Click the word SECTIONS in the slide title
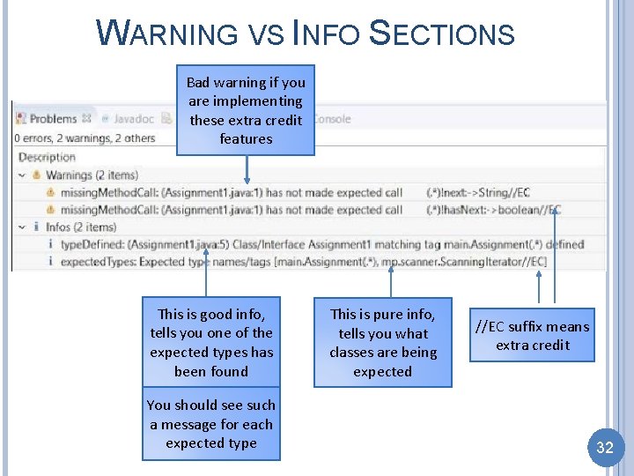[x=441, y=33]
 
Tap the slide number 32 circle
[x=605, y=447]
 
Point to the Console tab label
[x=331, y=118]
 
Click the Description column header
[x=47, y=157]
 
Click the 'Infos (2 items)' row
[x=80, y=227]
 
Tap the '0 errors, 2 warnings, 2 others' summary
[x=85, y=138]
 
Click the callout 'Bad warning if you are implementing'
[x=246, y=110]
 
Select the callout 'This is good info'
[x=211, y=342]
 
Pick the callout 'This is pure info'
[x=382, y=343]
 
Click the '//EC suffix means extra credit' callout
[x=532, y=336]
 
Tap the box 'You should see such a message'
[x=211, y=424]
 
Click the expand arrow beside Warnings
[x=21, y=175]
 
